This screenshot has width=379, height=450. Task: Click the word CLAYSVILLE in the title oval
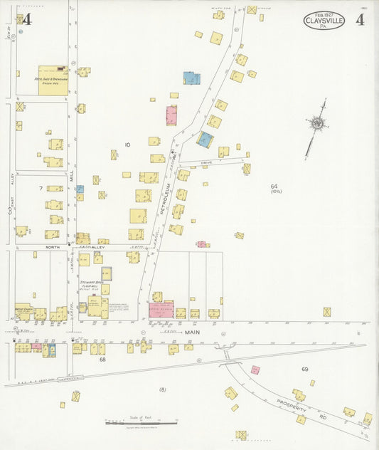(326, 21)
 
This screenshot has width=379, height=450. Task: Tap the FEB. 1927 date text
(325, 14)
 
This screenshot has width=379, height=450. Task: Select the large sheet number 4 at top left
(27, 19)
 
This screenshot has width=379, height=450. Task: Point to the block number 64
(274, 187)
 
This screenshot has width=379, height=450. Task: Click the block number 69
(304, 369)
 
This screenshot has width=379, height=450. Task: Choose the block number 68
(102, 360)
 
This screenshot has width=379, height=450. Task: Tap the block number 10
(127, 145)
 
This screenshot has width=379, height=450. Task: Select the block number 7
(41, 188)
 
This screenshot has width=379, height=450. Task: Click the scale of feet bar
(132, 423)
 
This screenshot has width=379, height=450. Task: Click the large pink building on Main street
(161, 309)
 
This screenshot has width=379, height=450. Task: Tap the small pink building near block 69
(255, 370)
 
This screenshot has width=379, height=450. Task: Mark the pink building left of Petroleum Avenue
(171, 115)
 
